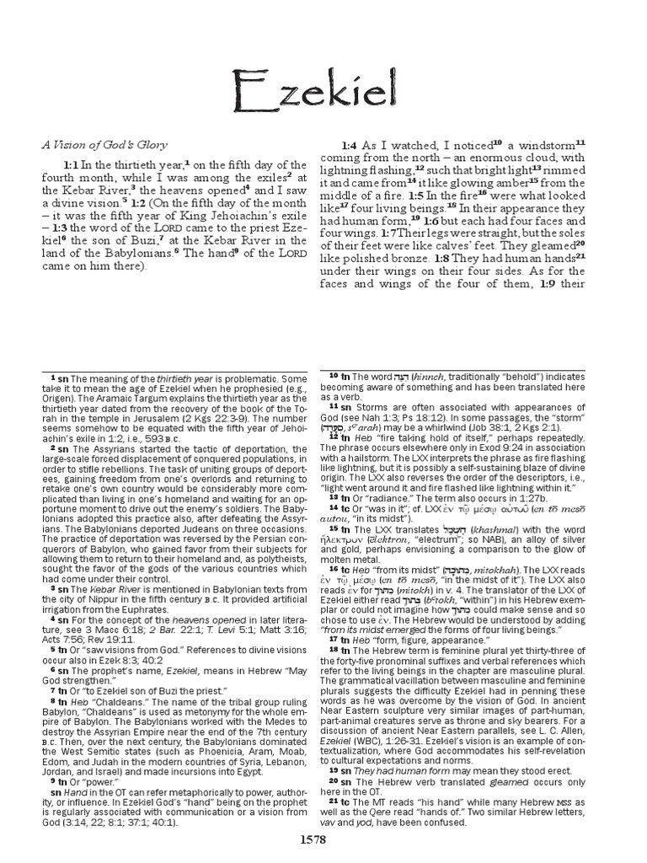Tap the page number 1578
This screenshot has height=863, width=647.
(x=323, y=840)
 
